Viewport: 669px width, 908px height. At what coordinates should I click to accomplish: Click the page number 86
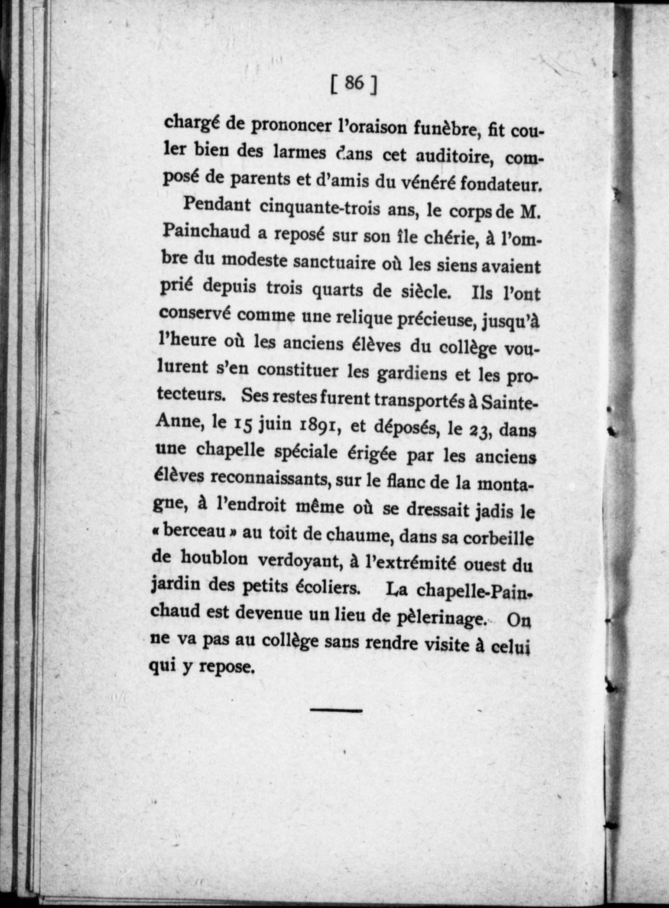click(354, 84)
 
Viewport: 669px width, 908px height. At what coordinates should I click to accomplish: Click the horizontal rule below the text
click(336, 710)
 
